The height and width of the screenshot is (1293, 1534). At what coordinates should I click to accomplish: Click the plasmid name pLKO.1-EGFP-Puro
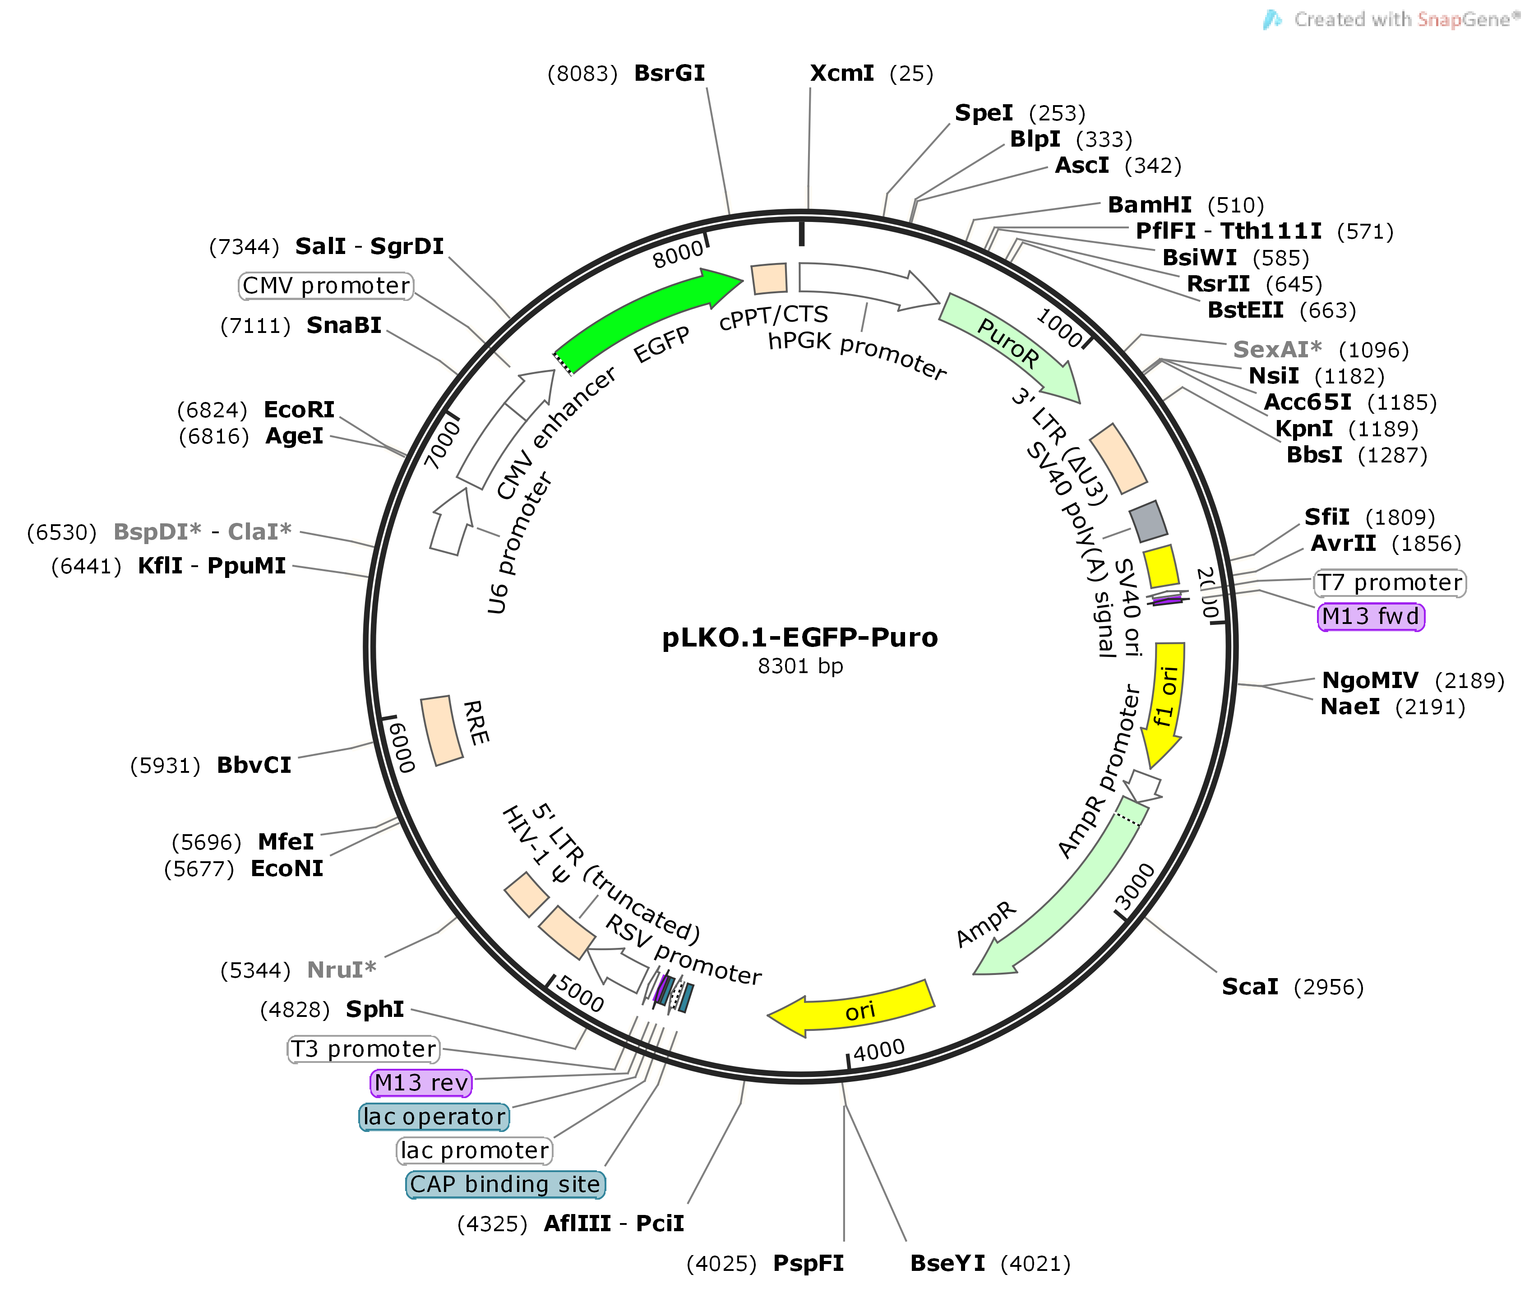799,638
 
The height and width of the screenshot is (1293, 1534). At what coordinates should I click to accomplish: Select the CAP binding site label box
505,1184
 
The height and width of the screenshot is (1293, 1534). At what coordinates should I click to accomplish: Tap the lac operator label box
434,1116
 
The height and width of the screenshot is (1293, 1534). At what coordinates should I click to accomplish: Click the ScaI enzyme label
1250,987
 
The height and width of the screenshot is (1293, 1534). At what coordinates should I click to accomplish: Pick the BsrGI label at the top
669,73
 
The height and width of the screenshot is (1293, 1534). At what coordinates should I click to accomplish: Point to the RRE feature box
441,731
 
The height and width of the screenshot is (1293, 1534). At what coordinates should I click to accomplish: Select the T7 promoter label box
1389,583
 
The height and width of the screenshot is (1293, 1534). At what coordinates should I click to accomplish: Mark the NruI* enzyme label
341,970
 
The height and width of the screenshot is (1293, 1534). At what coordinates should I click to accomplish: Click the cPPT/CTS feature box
770,278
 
